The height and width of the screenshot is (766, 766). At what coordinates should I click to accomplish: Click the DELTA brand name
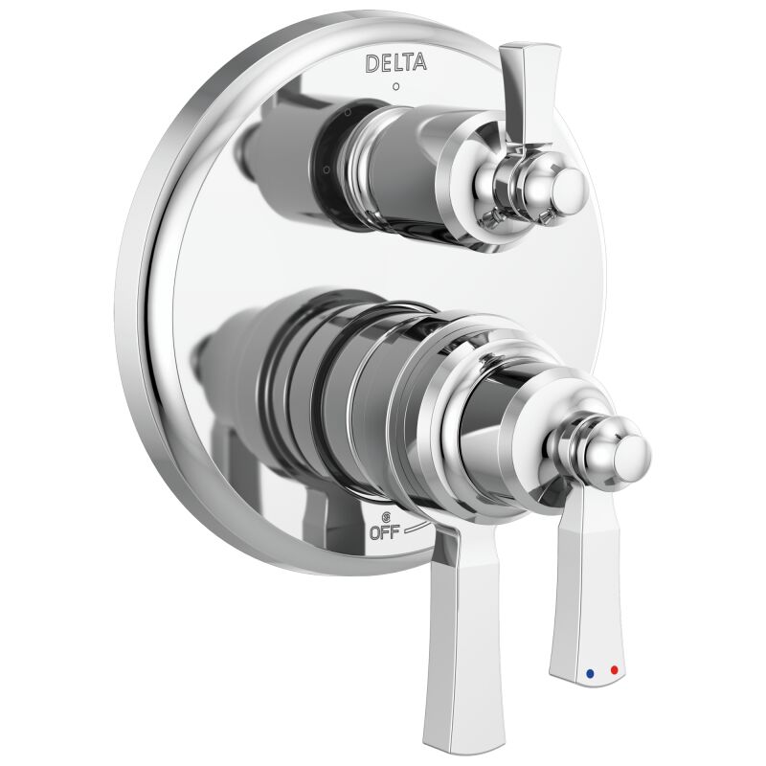pos(396,63)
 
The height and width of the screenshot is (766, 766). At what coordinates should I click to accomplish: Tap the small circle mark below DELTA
pos(396,87)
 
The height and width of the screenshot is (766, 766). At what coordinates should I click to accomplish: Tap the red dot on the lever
pos(614,671)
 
